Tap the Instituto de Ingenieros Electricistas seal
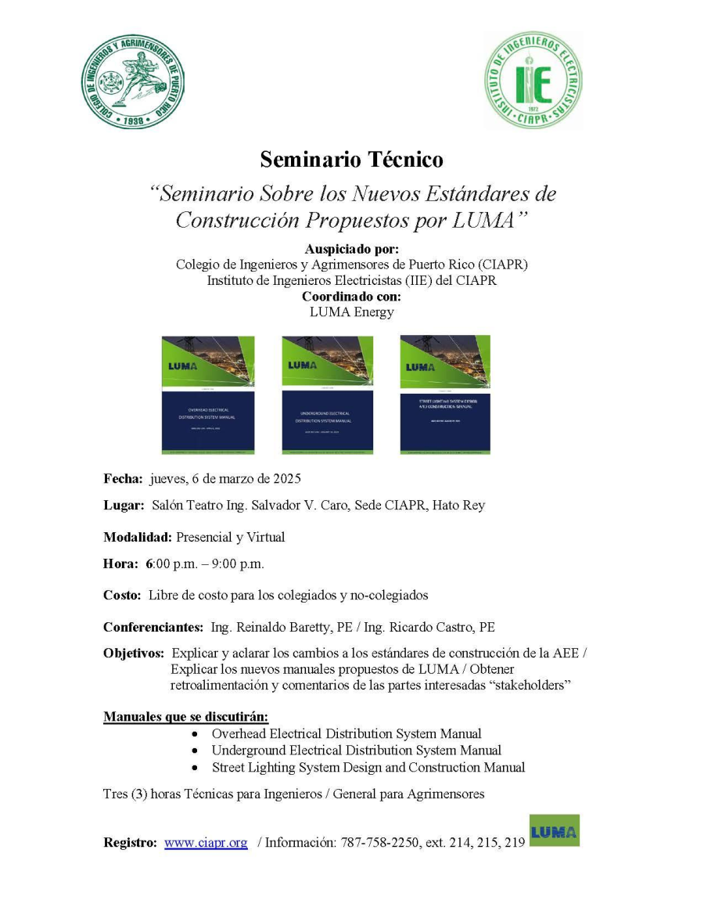(533, 81)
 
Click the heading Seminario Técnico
(351, 160)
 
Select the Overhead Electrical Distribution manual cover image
(208, 394)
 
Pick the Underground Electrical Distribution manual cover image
(328, 394)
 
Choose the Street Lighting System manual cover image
(445, 394)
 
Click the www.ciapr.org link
(206, 843)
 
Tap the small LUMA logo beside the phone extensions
(555, 831)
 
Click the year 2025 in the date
(286, 478)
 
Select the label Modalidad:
(138, 537)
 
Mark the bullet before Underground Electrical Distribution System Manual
(195, 751)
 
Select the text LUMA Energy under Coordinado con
(351, 312)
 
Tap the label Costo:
(122, 595)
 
